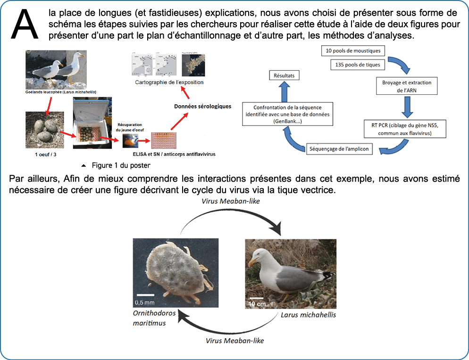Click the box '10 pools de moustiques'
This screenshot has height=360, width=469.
pyautogui.click(x=353, y=50)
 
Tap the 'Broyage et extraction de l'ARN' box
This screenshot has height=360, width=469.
pyautogui.click(x=406, y=86)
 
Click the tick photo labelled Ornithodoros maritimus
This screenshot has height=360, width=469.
pyautogui.click(x=175, y=274)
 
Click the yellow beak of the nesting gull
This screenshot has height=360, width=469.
pyautogui.click(x=253, y=260)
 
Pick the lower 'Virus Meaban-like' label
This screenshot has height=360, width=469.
pyautogui.click(x=234, y=340)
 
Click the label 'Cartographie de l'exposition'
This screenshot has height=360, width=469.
pyautogui.click(x=168, y=82)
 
